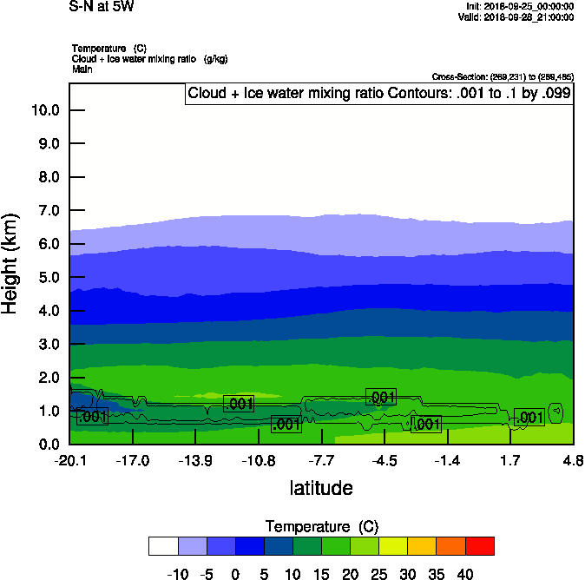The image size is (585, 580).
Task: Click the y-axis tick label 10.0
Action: pyautogui.click(x=44, y=110)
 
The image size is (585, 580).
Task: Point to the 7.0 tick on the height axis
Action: pyautogui.click(x=47, y=211)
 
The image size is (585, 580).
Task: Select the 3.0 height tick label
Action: pyautogui.click(x=47, y=345)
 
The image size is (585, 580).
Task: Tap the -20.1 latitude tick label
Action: pyautogui.click(x=69, y=459)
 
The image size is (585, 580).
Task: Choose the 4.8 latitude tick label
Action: pyautogui.click(x=573, y=459)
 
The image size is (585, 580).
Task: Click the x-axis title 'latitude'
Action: pyautogui.click(x=321, y=488)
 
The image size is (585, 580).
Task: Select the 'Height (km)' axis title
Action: pyautogui.click(x=11, y=264)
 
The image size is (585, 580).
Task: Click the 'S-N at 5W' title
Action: pyautogui.click(x=102, y=7)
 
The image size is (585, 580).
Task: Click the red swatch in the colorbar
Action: pyautogui.click(x=480, y=546)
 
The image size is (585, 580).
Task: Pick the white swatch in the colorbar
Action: pyautogui.click(x=164, y=546)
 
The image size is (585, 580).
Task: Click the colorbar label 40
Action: pyautogui.click(x=465, y=574)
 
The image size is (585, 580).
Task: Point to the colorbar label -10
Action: pyautogui.click(x=178, y=574)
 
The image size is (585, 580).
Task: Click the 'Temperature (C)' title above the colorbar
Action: pyautogui.click(x=321, y=527)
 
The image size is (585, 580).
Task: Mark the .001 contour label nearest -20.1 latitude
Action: pyautogui.click(x=92, y=418)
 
